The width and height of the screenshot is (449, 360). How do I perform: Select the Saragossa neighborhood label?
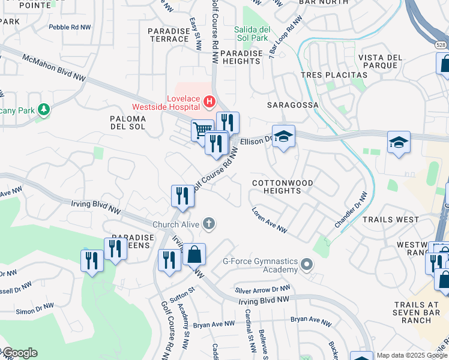click(292, 104)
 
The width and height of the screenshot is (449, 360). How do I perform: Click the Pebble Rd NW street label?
click(70, 27)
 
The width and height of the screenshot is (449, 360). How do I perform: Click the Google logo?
click(20, 353)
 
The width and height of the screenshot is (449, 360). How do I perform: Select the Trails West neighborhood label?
click(391, 220)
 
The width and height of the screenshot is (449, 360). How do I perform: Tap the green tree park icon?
click(43, 110)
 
